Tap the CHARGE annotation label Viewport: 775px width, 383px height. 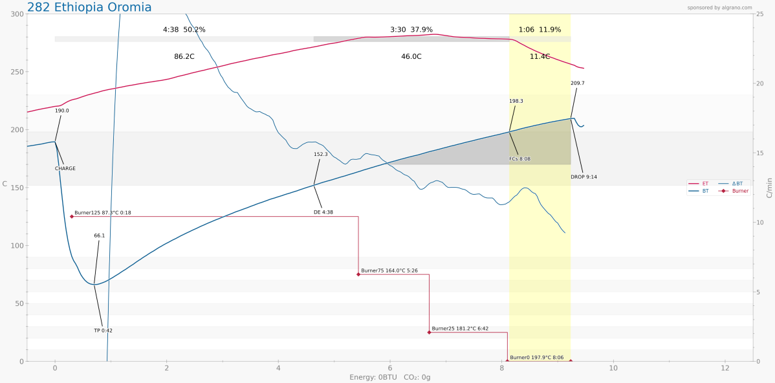click(65, 168)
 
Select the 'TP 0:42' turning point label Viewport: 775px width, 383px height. click(103, 331)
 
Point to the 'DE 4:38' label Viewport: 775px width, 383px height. click(323, 212)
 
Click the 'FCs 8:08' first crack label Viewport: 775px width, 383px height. click(519, 159)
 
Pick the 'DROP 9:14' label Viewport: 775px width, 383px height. click(584, 177)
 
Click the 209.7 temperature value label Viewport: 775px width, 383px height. click(578, 83)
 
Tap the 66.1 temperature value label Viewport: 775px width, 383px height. click(99, 235)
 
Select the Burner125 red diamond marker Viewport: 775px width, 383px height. click(72, 216)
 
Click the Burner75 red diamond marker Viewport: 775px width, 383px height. click(358, 274)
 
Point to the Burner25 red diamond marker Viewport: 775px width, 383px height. click(429, 332)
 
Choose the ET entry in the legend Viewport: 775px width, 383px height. click(705, 184)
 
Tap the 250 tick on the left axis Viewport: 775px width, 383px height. click(14, 72)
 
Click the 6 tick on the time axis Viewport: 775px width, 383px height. click(389, 368)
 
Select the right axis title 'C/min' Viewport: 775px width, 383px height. click(769, 188)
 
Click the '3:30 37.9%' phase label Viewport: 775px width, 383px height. click(411, 30)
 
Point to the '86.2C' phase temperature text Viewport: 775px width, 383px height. click(184, 57)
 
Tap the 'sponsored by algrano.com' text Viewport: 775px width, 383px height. click(719, 8)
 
